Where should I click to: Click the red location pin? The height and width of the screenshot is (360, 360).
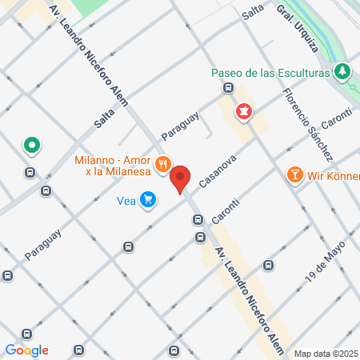tap(181, 179)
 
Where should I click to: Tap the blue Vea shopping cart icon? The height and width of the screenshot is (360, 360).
tap(147, 199)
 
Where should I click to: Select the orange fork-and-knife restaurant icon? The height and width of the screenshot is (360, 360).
tap(163, 164)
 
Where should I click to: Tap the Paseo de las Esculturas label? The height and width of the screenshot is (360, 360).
tap(270, 73)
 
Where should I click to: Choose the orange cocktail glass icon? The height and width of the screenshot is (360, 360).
tap(294, 174)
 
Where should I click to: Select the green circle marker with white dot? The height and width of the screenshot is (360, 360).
tap(32, 146)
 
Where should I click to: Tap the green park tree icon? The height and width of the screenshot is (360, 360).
tap(343, 72)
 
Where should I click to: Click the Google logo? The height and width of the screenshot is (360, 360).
tap(26, 350)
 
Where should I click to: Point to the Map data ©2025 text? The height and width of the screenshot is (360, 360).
tap(326, 354)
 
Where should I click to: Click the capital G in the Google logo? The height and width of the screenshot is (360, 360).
tap(10, 350)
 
